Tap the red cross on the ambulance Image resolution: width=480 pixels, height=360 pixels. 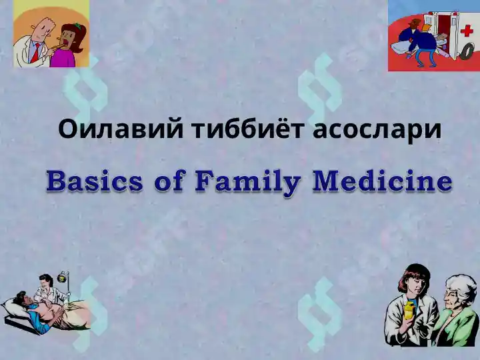click(x=466, y=30)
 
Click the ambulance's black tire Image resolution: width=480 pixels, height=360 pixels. click(x=469, y=52)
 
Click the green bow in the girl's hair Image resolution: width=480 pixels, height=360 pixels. click(x=77, y=27)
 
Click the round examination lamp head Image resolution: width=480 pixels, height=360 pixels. click(x=64, y=275)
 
